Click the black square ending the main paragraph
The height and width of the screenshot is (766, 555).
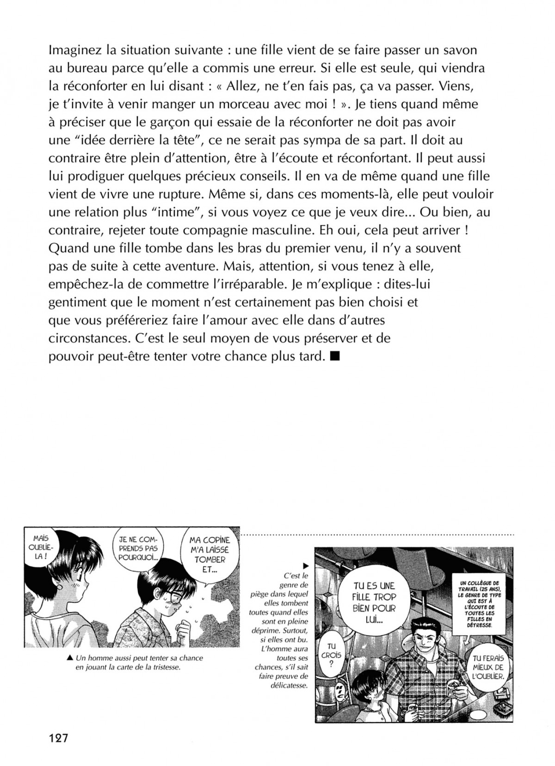tap(336, 356)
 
